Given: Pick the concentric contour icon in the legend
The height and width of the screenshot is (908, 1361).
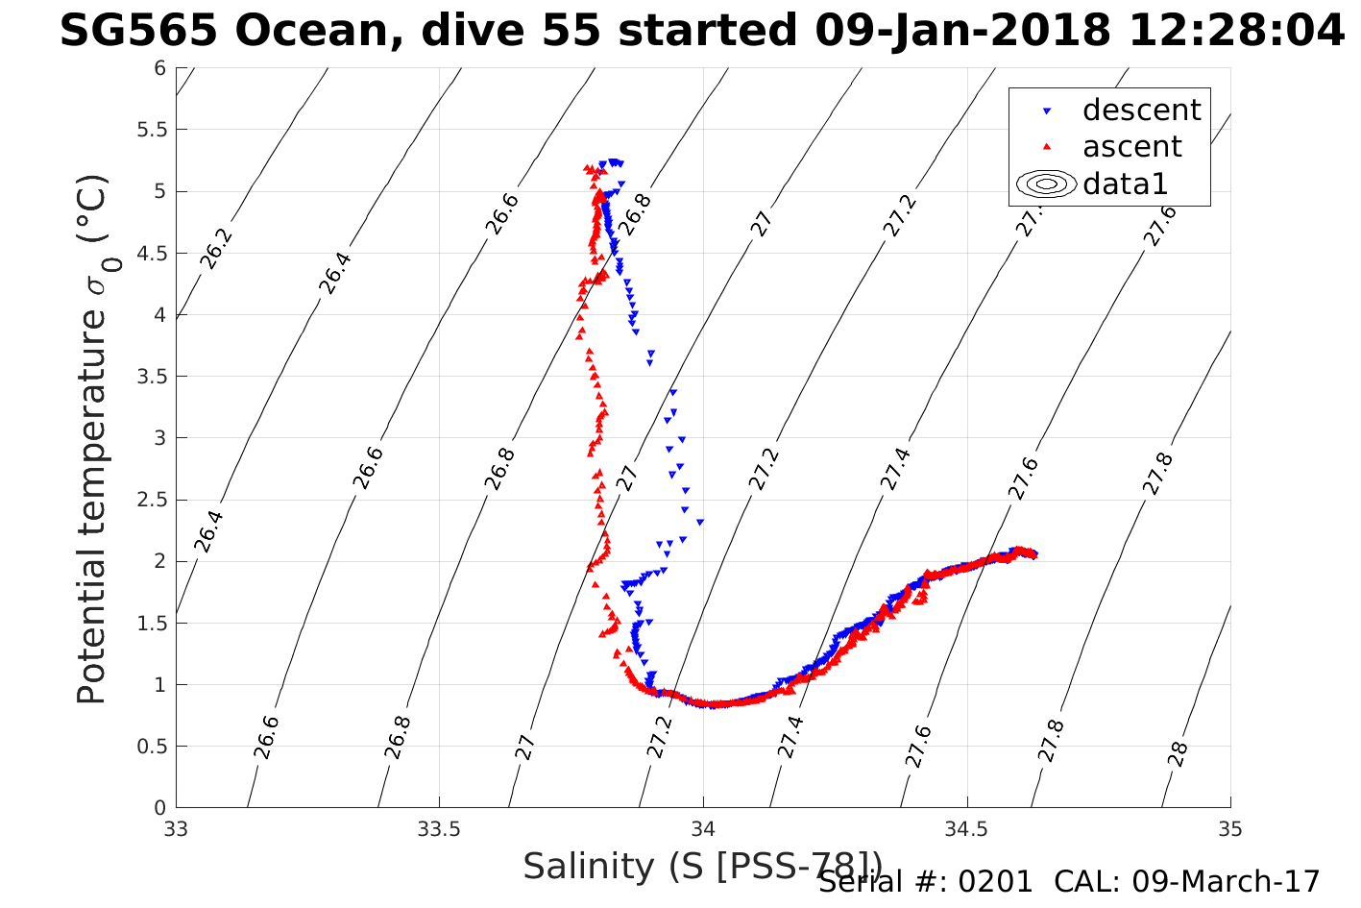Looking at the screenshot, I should [1047, 184].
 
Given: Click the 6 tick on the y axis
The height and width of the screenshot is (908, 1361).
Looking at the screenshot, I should [159, 68].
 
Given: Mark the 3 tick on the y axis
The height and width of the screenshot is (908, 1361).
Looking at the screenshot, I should [159, 438].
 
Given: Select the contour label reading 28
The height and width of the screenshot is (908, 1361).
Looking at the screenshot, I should [1179, 754].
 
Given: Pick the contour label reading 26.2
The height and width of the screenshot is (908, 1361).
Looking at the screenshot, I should [216, 249].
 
